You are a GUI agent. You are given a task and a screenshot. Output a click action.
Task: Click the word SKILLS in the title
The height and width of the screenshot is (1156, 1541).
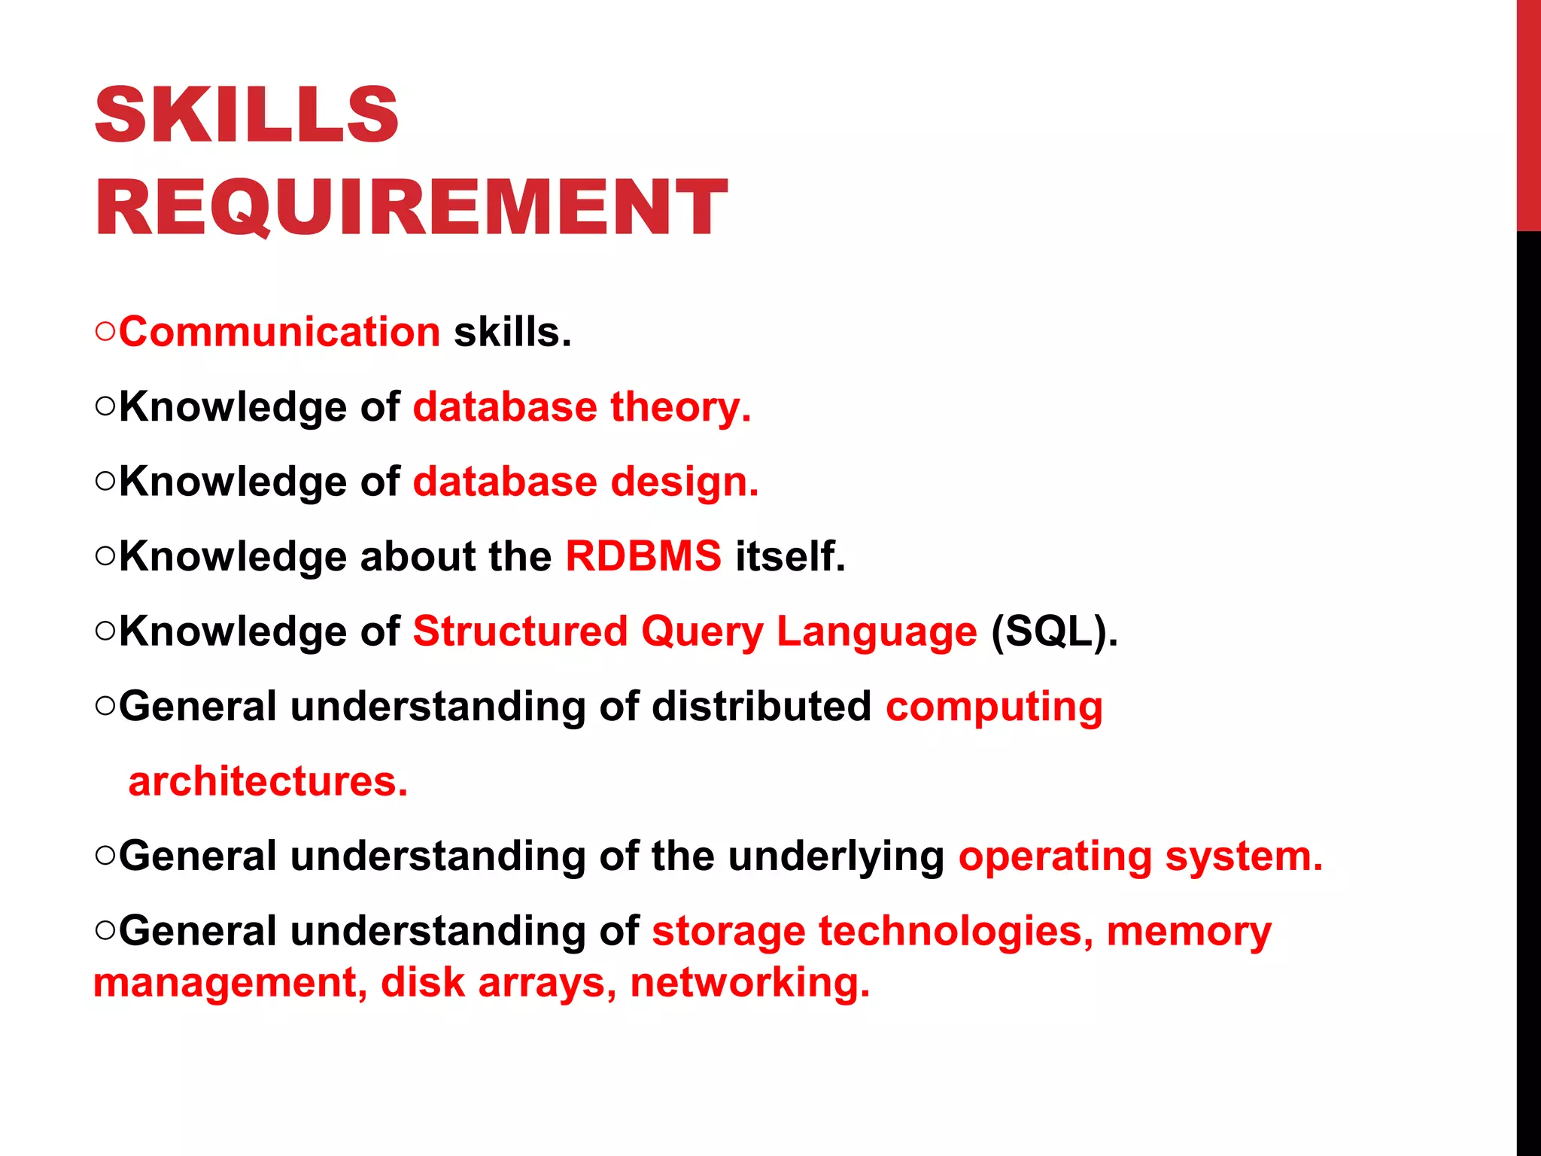click(x=247, y=115)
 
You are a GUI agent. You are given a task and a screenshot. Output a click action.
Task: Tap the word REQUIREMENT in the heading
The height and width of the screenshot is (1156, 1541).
click(x=411, y=207)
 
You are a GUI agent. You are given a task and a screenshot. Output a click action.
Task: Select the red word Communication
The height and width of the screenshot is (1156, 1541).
click(x=279, y=332)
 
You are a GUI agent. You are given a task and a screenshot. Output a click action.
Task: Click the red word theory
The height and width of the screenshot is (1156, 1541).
click(x=680, y=407)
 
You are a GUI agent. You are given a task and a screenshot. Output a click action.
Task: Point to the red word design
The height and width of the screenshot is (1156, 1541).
click(x=684, y=482)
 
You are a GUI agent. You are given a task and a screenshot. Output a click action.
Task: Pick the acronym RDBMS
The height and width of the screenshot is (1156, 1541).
click(x=643, y=556)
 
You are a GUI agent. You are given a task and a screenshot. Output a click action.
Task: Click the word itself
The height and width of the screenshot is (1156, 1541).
click(x=790, y=556)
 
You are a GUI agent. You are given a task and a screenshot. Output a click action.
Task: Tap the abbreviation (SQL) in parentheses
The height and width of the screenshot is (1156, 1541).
click(x=1054, y=631)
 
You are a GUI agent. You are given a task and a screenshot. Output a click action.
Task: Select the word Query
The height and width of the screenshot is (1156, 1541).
click(x=702, y=632)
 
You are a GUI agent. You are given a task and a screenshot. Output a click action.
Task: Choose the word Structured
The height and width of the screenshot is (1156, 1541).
click(x=520, y=631)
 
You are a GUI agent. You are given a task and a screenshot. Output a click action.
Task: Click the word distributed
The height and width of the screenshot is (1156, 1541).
click(x=761, y=706)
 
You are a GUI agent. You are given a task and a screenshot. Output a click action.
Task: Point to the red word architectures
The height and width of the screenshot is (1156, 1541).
click(x=268, y=781)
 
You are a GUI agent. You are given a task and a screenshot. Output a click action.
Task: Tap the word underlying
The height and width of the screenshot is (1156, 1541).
click(x=836, y=857)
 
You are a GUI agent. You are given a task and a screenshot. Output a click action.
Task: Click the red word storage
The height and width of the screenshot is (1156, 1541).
click(x=728, y=932)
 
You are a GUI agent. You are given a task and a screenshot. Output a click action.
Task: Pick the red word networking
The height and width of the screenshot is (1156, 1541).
click(x=749, y=983)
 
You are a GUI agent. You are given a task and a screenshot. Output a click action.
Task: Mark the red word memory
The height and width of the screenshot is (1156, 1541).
click(x=1189, y=932)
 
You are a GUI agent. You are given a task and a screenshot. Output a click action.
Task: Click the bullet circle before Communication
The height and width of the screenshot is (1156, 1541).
click(x=105, y=332)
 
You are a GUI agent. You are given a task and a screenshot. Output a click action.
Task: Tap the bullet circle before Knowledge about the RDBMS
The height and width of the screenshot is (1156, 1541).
click(x=105, y=556)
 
